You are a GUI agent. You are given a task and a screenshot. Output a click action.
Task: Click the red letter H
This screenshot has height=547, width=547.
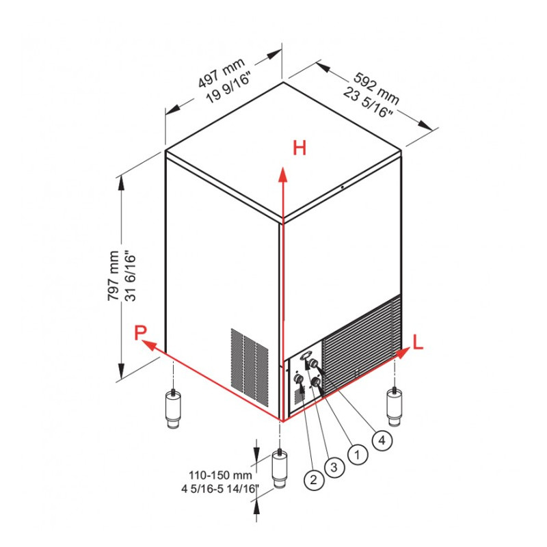299,148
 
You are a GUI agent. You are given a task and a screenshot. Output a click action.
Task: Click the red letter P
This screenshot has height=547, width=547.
140,333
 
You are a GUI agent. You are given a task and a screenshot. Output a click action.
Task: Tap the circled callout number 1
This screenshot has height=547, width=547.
356,453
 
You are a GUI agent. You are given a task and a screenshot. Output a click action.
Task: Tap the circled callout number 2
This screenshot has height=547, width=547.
312,480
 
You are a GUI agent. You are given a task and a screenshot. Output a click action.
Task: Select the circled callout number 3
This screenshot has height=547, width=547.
334,468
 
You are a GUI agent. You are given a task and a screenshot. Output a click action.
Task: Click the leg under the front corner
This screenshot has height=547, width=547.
280,470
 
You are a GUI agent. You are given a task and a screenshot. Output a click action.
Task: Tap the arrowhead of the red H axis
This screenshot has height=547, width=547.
281,171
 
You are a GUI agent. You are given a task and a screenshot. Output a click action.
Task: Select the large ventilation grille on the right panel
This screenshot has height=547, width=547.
360,345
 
